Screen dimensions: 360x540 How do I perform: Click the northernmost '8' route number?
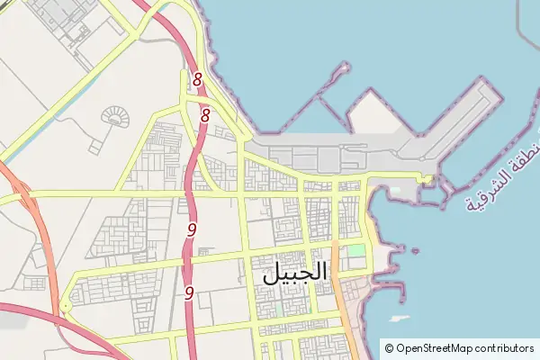(197, 81)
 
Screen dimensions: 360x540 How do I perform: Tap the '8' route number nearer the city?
(205, 115)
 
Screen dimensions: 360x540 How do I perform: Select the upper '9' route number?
(192, 229)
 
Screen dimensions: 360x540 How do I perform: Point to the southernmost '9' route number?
(189, 292)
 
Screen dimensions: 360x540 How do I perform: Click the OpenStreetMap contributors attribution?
(459, 347)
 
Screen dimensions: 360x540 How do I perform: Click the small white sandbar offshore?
(399, 319)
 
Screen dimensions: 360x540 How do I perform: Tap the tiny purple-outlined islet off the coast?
(414, 251)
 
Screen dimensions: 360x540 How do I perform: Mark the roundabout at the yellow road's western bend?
(66, 307)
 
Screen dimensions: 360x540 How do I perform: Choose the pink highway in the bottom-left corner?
(36, 315)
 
